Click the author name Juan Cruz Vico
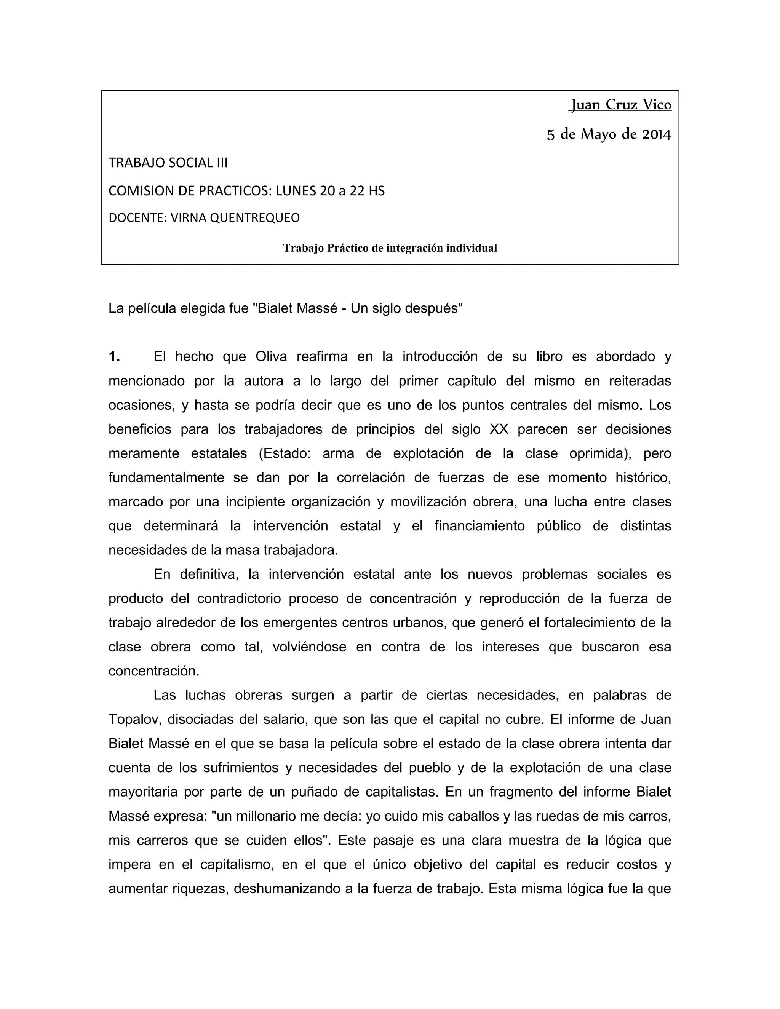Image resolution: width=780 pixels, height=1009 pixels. pyautogui.click(x=620, y=105)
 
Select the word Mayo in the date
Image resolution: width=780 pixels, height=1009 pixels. pyautogui.click(x=599, y=134)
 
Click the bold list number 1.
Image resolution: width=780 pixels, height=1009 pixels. pyautogui.click(x=114, y=357)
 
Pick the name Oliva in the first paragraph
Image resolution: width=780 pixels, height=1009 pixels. pyautogui.click(x=271, y=357)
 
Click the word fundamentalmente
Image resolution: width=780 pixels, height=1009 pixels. pyautogui.click(x=166, y=478)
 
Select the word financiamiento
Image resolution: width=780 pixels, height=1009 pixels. pyautogui.click(x=479, y=526)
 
